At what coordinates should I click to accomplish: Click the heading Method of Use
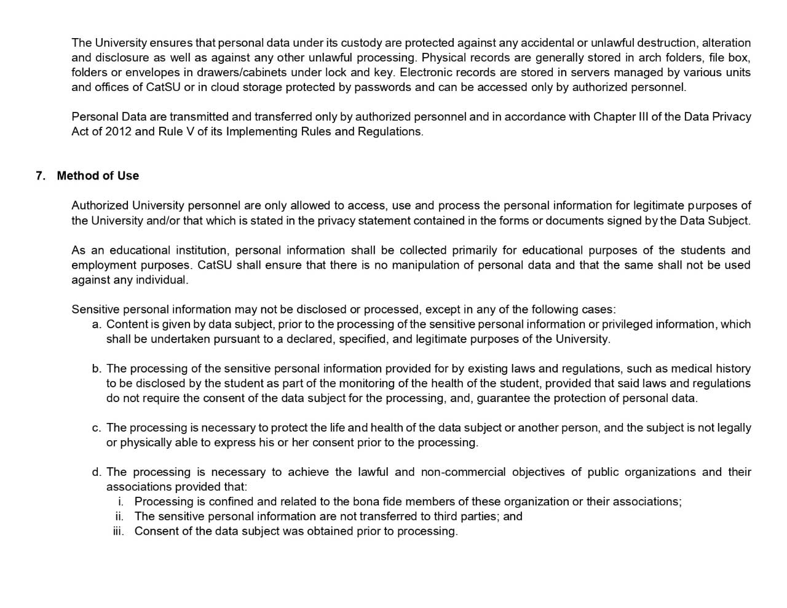click(x=98, y=176)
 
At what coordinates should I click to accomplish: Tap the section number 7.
click(x=41, y=176)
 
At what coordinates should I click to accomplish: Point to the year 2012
click(x=118, y=132)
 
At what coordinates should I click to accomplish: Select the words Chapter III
click(x=620, y=117)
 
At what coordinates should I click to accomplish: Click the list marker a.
click(x=97, y=324)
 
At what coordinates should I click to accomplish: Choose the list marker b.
click(x=97, y=369)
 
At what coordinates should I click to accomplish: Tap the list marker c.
click(x=97, y=428)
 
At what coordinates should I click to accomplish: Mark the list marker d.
click(x=97, y=472)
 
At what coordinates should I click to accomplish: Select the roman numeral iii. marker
click(x=118, y=531)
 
